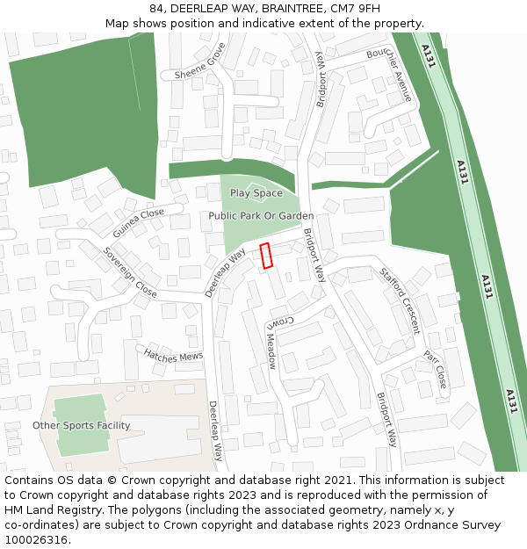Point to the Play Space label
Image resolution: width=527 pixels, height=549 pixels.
click(x=256, y=193)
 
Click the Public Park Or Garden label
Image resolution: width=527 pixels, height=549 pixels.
click(x=261, y=216)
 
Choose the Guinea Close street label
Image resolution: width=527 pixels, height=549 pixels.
click(x=139, y=223)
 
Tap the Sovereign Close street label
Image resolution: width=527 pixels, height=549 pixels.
click(x=130, y=272)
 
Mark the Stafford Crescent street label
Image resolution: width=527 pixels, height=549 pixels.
click(x=400, y=301)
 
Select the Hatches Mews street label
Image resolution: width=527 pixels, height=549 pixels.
click(x=174, y=354)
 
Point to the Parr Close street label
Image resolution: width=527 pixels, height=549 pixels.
click(x=436, y=370)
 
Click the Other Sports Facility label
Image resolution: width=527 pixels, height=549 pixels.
click(x=81, y=426)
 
